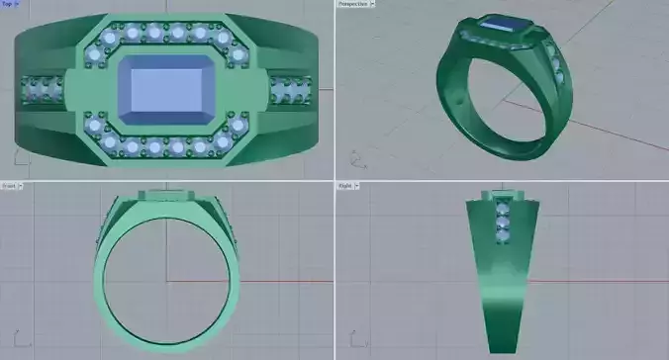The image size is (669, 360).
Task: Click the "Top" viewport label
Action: pyautogui.click(x=7, y=4)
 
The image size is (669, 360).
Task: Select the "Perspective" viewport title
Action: pyautogui.click(x=352, y=4)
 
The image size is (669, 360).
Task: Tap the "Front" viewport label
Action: pyautogui.click(x=8, y=185)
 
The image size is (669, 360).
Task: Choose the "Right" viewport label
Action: pyautogui.click(x=345, y=185)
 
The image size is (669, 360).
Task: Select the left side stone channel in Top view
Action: pyautogui.click(x=41, y=91)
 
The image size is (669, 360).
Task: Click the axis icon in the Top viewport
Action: pyautogui.click(x=18, y=158)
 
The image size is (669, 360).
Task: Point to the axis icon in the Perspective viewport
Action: pyautogui.click(x=356, y=160)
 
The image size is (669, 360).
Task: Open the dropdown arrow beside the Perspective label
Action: pyautogui.click(x=373, y=4)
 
